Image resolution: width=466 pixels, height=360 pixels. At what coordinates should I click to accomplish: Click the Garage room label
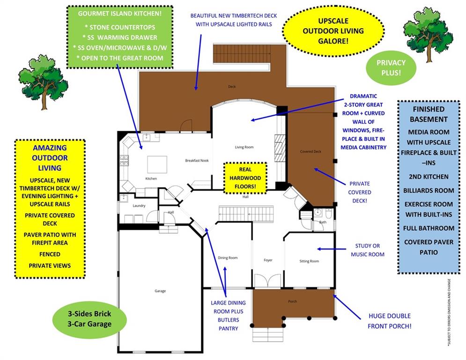pos(160,291)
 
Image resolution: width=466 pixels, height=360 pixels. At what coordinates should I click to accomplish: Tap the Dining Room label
pos(228,258)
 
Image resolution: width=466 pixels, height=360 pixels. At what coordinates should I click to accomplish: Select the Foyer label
pos(268,260)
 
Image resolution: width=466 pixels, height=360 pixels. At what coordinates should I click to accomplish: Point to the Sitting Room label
pos(309,261)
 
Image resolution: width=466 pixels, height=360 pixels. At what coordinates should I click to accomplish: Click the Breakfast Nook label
pos(197,161)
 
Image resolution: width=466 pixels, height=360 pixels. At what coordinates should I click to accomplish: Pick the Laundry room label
pos(139,206)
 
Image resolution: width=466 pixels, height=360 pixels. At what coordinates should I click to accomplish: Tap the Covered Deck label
pos(311,151)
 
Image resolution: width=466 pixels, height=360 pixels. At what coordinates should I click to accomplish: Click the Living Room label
pos(244,147)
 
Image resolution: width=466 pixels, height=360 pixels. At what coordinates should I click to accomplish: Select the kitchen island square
pos(157,165)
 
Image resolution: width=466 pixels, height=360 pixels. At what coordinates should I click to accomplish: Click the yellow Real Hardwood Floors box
pos(245,178)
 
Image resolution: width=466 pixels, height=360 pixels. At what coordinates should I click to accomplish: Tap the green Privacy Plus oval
pos(391,67)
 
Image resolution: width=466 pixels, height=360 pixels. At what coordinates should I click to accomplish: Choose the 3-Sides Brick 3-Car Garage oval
pos(89,319)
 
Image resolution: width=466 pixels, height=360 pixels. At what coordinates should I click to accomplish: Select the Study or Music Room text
pos(368,250)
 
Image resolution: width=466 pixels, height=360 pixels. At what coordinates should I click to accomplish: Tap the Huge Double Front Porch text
pos(389,321)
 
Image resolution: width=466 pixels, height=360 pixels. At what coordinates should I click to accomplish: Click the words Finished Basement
pos(429,114)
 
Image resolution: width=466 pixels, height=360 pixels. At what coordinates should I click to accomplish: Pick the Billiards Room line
pos(429,190)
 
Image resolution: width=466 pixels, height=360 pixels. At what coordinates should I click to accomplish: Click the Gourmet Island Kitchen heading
pos(119,13)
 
